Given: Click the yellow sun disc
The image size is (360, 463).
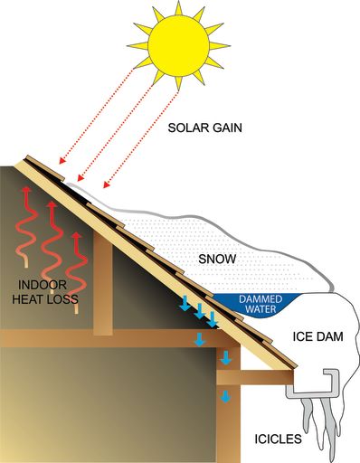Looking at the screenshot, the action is tap(178, 45).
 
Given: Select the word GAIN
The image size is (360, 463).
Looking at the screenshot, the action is tap(227, 128).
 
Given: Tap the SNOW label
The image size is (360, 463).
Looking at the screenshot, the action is tap(217, 259).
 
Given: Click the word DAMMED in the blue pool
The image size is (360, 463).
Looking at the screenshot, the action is tap(261, 299).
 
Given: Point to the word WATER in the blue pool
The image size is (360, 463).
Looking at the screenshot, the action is tap(261, 309).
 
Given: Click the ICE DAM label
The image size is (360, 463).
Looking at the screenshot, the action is tap(317, 336).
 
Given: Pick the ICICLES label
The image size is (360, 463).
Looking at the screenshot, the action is tap(278, 439).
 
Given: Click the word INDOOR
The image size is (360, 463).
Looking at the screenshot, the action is tap(43, 285).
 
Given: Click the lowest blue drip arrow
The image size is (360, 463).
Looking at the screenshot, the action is tap(225, 396).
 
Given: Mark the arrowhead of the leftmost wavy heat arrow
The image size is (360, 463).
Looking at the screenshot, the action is tap(27, 189).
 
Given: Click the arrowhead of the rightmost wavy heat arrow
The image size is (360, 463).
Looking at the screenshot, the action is tap(77, 235).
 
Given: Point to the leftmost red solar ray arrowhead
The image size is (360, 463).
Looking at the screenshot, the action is tap(62, 161).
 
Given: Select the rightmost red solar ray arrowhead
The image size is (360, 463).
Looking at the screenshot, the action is tap(106, 184).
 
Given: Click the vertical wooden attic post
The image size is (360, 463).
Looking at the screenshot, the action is tap(103, 283).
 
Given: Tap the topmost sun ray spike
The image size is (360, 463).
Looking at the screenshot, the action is tap(178, 7).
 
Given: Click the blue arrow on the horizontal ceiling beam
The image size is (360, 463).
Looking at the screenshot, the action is tap(199, 339).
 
